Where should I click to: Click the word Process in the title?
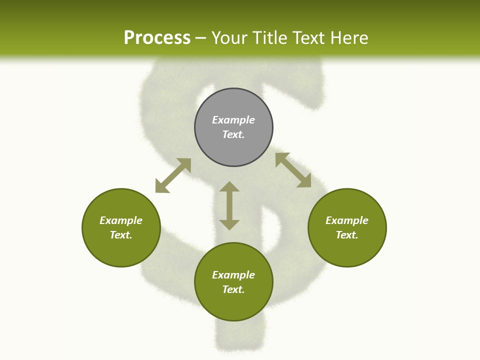pos(157,38)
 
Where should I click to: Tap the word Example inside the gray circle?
pos(233,120)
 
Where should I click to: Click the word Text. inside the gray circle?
pos(233,134)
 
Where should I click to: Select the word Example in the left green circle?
pos(121,220)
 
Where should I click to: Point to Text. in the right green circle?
pos(347,235)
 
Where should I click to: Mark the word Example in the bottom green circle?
pos(233,275)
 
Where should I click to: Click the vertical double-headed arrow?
pos(229,206)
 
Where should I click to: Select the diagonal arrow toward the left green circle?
pos(173,175)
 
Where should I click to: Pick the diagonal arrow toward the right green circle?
pos(293,170)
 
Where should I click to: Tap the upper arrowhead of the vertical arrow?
pos(229,187)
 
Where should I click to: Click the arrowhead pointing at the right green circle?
pos(304,180)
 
